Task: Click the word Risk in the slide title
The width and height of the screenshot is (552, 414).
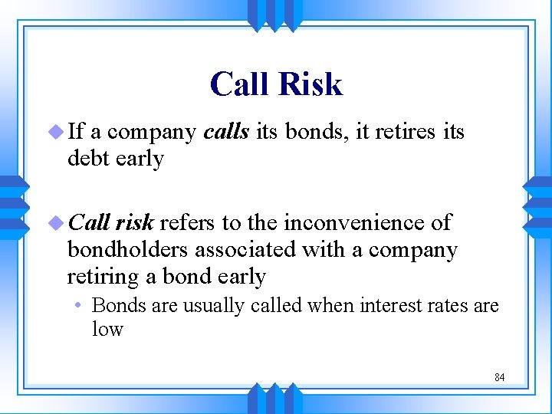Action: click(311, 84)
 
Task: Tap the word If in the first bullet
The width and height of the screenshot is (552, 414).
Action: click(76, 132)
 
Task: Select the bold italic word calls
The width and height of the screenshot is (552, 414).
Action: click(226, 132)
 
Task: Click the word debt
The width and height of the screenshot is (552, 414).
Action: click(87, 159)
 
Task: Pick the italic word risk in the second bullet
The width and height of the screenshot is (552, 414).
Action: click(135, 222)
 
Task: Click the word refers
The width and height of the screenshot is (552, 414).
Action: click(188, 222)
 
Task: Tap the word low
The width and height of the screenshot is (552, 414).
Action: click(107, 329)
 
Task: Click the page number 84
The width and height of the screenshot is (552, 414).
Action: click(499, 377)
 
